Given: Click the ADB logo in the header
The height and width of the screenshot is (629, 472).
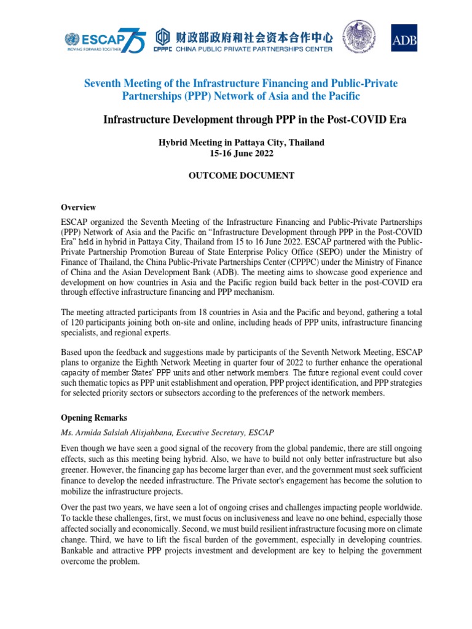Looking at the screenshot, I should pyautogui.click(x=404, y=37).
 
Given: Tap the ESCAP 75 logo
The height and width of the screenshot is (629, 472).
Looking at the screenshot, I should pyautogui.click(x=105, y=41).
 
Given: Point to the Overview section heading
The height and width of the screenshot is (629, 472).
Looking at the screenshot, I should pyautogui.click(x=77, y=207).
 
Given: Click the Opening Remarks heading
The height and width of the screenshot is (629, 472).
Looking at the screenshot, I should pyautogui.click(x=94, y=418).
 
